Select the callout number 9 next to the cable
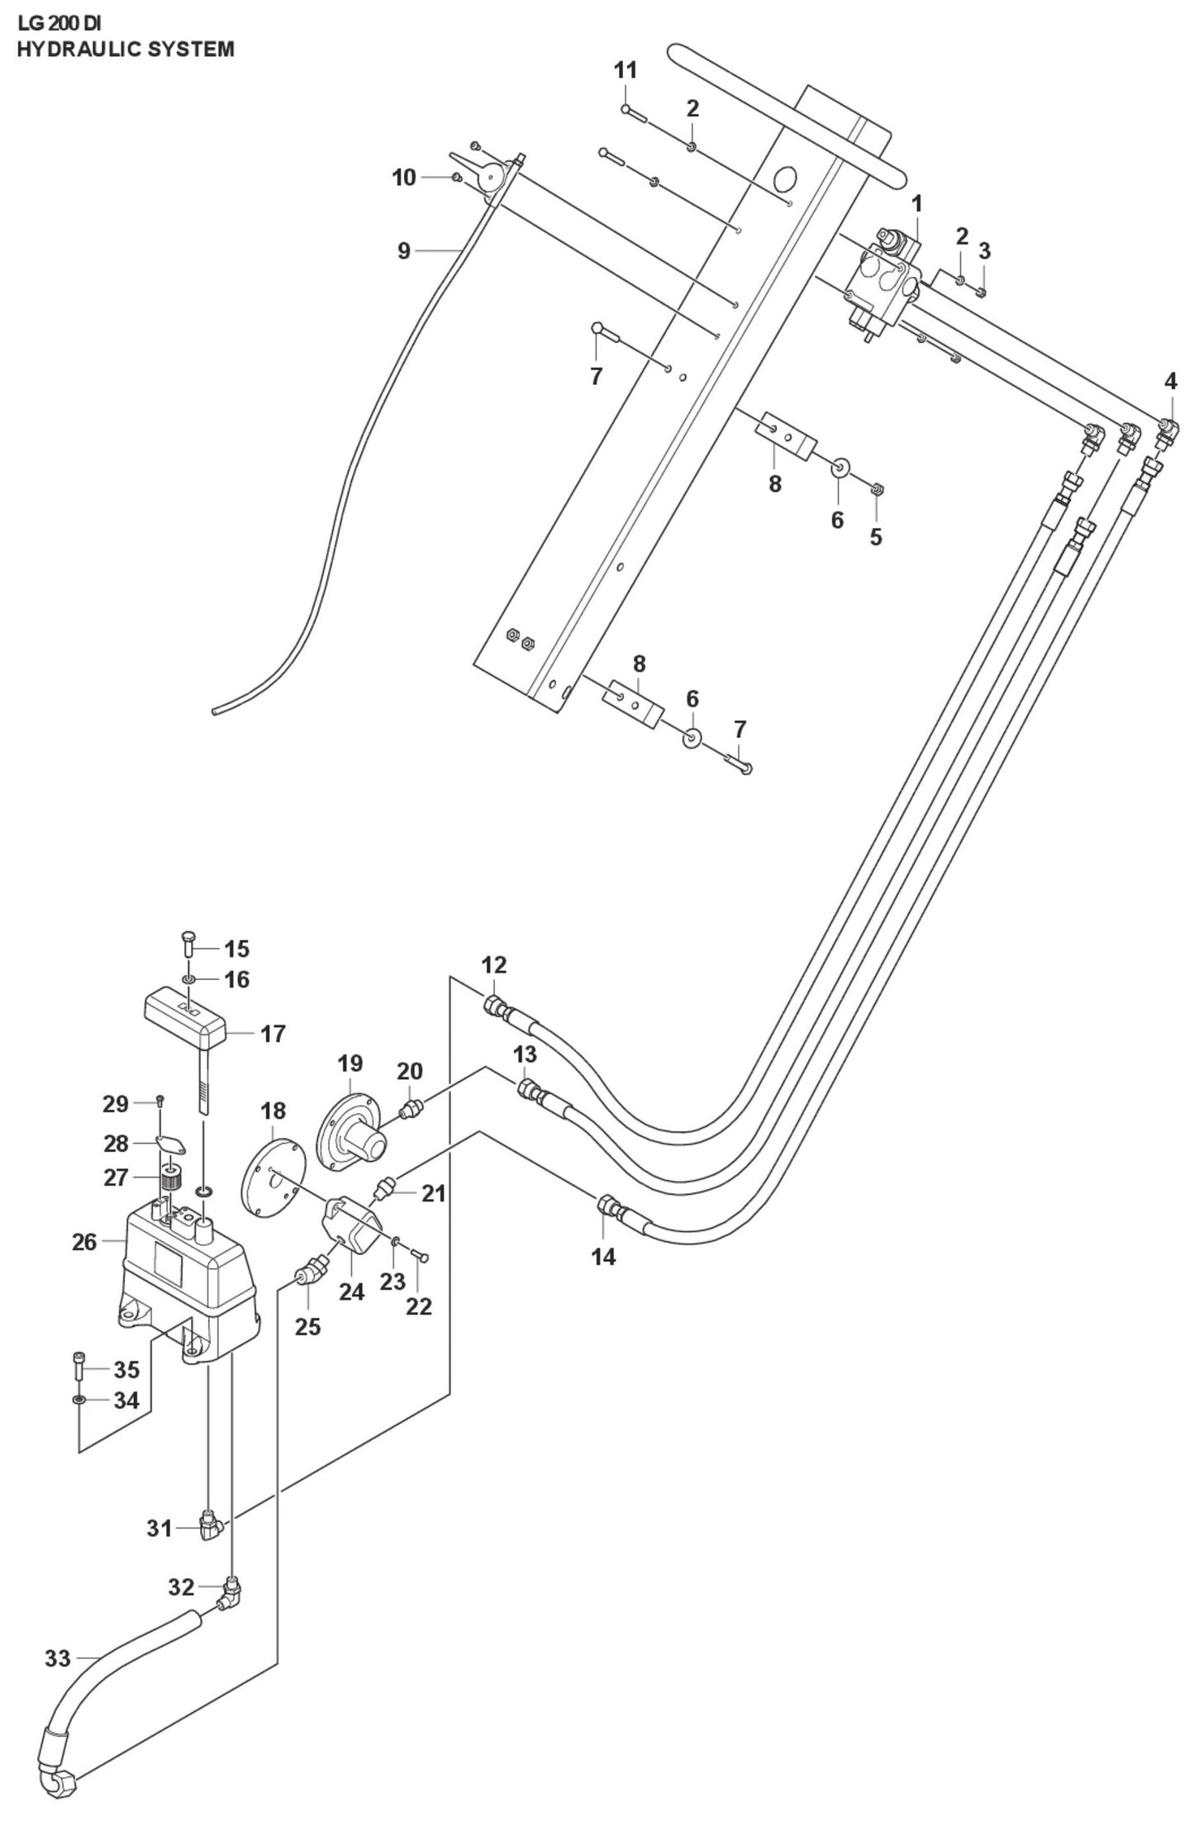(x=403, y=250)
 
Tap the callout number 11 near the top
(x=626, y=71)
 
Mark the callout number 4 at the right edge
(x=1170, y=381)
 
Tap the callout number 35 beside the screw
(x=126, y=1370)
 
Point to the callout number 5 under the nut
(x=875, y=537)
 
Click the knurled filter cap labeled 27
(x=170, y=1178)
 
